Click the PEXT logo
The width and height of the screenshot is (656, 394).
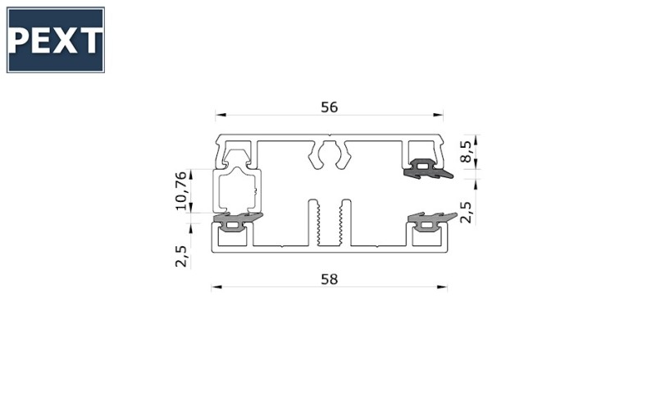[56, 39]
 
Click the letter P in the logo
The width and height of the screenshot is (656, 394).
[18, 40]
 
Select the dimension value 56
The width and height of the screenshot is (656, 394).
[330, 108]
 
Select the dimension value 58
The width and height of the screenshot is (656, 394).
[330, 279]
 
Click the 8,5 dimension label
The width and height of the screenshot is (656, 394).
[466, 151]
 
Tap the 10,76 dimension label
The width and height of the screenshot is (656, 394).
[180, 190]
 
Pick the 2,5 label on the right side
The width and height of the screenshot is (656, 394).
[466, 213]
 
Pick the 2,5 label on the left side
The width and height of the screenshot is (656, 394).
[180, 256]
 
